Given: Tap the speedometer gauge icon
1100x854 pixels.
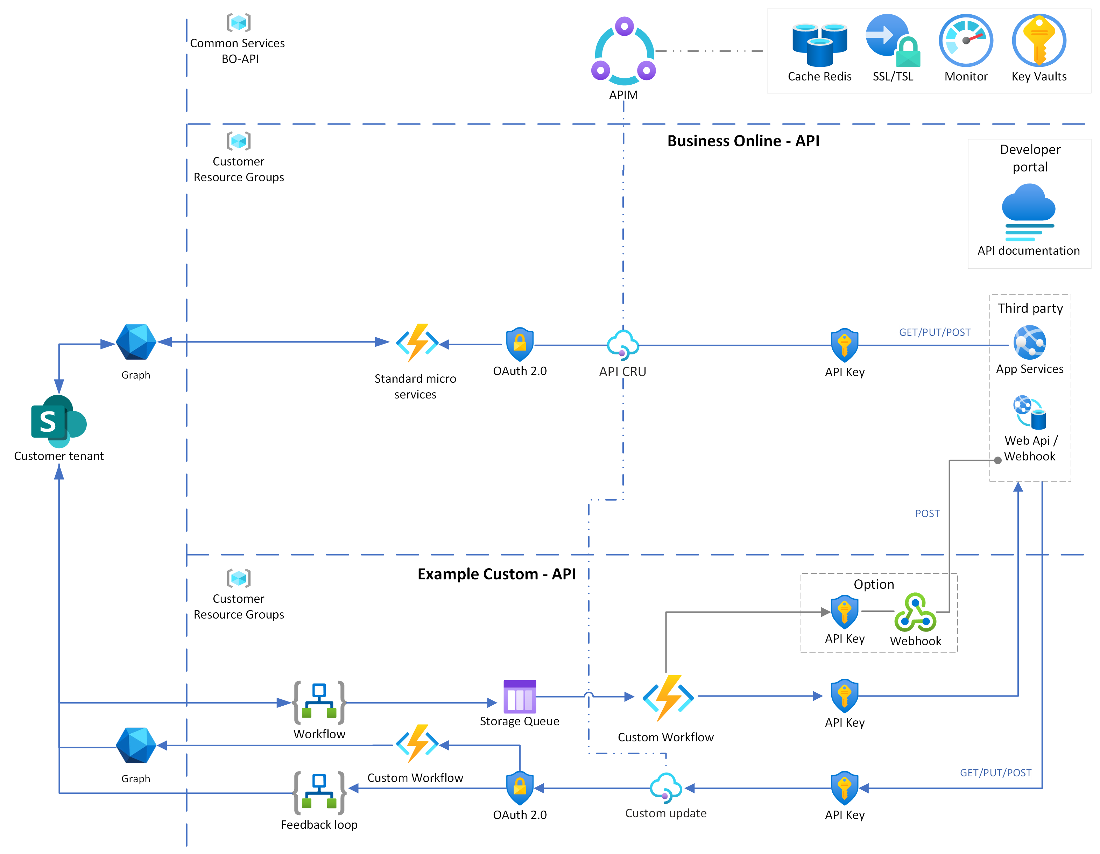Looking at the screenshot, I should pos(966,40).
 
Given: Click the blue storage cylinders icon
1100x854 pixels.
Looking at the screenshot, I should pos(819,44).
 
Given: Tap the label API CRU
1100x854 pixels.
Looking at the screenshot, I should pos(622,372).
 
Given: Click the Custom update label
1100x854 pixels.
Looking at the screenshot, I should pos(665,813).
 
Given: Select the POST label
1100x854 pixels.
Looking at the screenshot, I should pos(927,514).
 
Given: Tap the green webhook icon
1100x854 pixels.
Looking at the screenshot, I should pos(915,612).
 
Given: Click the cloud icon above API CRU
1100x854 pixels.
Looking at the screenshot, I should pos(622,344).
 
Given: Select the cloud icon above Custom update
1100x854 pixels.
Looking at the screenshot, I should pos(665,786).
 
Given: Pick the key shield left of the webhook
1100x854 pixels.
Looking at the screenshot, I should pos(844,612).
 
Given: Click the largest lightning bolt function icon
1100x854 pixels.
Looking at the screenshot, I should pos(668,697).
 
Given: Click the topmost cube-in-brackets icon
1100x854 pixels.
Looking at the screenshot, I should pos(238,23).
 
